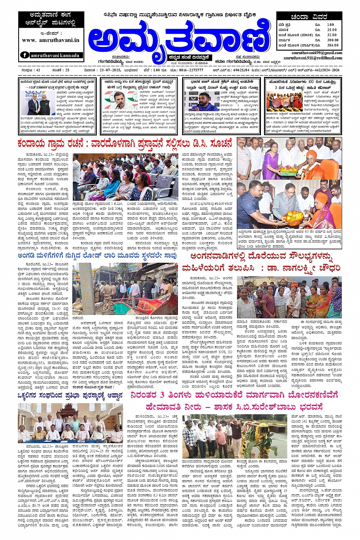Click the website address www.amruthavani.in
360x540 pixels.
(x=51, y=40)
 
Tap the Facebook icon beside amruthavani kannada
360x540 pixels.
(x=25, y=55)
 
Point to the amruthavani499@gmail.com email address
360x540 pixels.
(x=317, y=53)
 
